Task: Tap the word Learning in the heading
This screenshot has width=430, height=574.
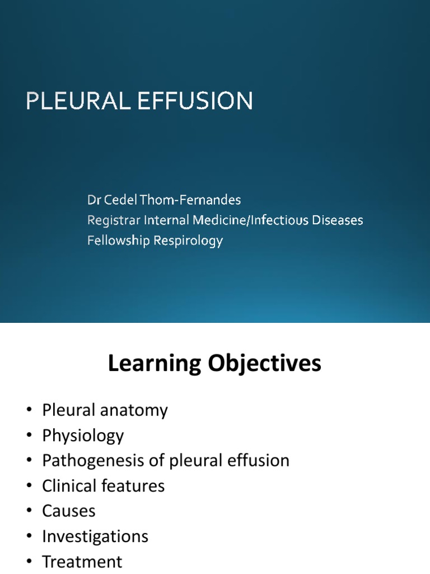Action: click(x=153, y=364)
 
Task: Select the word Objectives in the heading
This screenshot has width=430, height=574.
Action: click(x=262, y=364)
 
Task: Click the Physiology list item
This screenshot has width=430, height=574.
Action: click(x=83, y=436)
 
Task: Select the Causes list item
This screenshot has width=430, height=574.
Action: click(x=69, y=511)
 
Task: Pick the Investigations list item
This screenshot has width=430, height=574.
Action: click(x=95, y=536)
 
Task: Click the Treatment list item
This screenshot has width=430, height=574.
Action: click(x=82, y=561)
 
